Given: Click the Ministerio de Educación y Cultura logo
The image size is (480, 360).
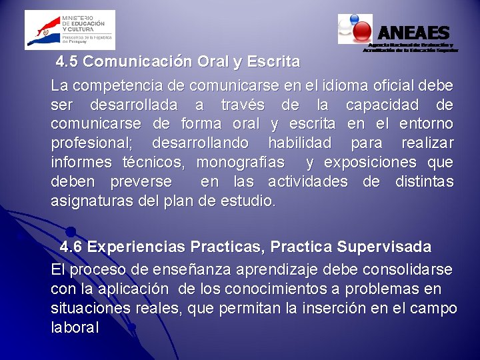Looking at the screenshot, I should (x=69, y=30).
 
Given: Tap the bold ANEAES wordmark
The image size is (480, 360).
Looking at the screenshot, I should (x=413, y=32).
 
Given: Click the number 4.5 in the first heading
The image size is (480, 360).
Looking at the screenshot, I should (x=68, y=62).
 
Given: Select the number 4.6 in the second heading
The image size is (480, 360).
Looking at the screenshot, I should (x=71, y=247).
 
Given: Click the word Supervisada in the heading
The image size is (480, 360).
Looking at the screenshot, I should (x=384, y=247).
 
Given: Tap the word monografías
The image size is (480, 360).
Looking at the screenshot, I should (x=241, y=162).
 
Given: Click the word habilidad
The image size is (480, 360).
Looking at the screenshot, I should (x=299, y=143).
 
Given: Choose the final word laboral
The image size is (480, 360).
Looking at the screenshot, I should (x=75, y=327).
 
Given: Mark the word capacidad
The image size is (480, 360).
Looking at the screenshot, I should (x=383, y=105).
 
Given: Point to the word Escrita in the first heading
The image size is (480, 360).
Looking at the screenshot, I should (x=273, y=62).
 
